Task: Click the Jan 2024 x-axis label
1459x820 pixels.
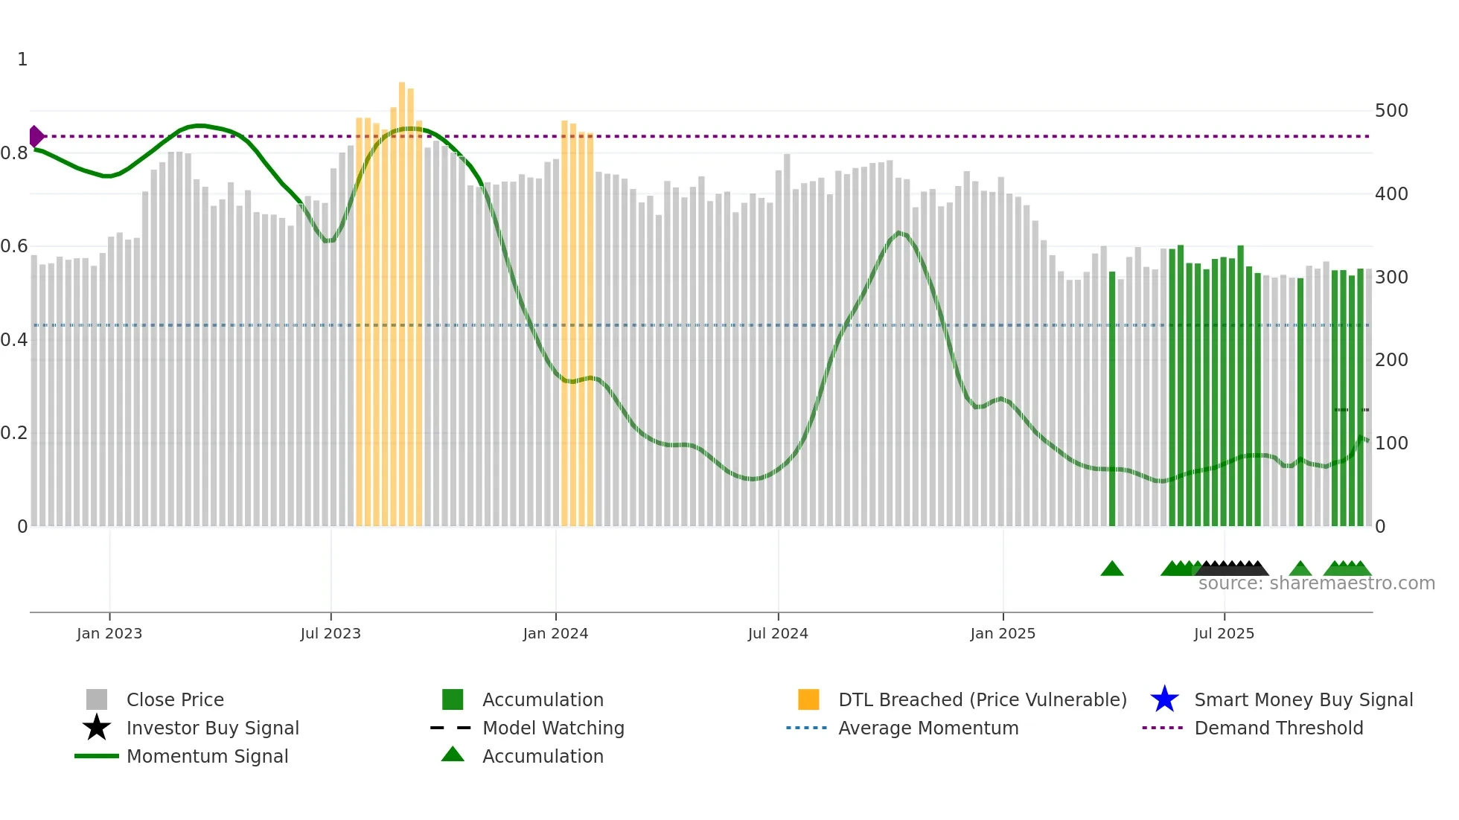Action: click(x=555, y=634)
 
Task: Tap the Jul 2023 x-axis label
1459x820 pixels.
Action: click(x=331, y=634)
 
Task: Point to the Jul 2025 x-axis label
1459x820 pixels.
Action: click(x=1224, y=634)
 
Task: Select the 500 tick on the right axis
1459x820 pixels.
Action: click(x=1391, y=111)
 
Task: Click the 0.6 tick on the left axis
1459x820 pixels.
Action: click(x=14, y=246)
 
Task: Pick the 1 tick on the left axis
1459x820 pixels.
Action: click(x=22, y=60)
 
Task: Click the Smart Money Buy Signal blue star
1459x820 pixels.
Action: click(x=1164, y=699)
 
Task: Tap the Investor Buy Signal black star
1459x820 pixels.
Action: click(x=97, y=728)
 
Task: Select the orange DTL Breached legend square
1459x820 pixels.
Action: click(x=808, y=699)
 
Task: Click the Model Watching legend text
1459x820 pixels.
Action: click(x=553, y=728)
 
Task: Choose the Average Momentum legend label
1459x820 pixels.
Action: click(x=928, y=728)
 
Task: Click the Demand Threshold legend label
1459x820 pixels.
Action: click(x=1278, y=728)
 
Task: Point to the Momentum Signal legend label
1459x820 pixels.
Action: click(x=207, y=756)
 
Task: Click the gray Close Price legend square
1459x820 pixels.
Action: click(x=97, y=699)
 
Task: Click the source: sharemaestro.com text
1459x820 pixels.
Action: click(x=1316, y=583)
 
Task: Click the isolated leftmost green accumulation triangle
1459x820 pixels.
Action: click(x=1112, y=569)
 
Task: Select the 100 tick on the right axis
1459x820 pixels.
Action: click(x=1391, y=443)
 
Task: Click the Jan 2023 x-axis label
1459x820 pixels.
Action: click(x=109, y=634)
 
